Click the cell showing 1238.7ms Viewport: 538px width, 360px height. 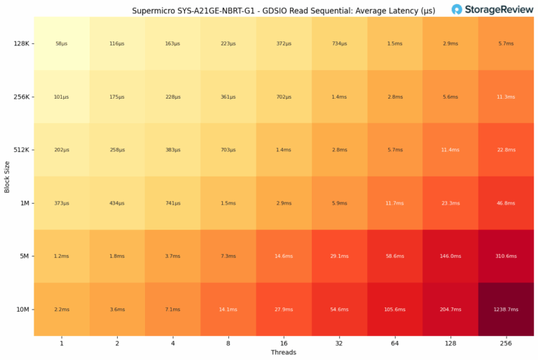pyautogui.click(x=505, y=309)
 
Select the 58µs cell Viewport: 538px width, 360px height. pyautogui.click(x=62, y=43)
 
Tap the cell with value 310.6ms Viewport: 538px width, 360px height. pyautogui.click(x=505, y=256)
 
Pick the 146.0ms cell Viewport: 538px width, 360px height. pyautogui.click(x=450, y=256)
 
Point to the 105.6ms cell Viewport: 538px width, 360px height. pyautogui.click(x=394, y=309)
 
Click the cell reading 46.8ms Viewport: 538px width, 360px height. pyautogui.click(x=505, y=203)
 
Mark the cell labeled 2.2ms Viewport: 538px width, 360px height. pyautogui.click(x=62, y=309)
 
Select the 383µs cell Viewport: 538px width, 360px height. pyautogui.click(x=172, y=150)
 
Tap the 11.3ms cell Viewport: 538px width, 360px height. pyautogui.click(x=505, y=97)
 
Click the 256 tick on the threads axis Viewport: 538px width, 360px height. pyautogui.click(x=505, y=342)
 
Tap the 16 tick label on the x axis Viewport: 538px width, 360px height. pyautogui.click(x=284, y=342)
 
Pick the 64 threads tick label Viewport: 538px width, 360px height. pyautogui.click(x=394, y=342)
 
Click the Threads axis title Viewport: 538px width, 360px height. pyautogui.click(x=284, y=352)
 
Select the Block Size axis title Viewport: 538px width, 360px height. pyautogui.click(x=7, y=176)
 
